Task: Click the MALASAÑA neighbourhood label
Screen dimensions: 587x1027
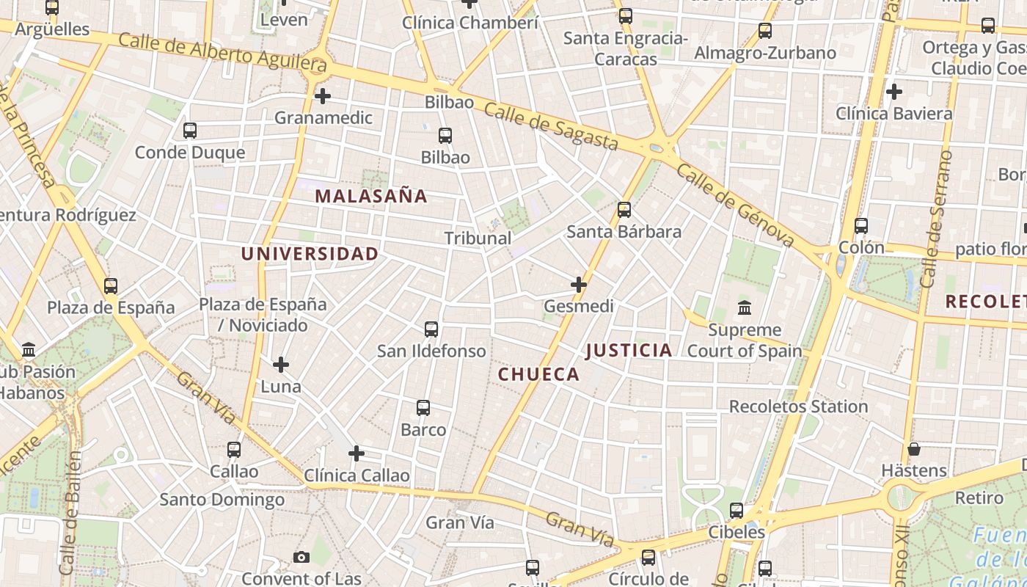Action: pyautogui.click(x=370, y=196)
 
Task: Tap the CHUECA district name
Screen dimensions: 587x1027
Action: pyautogui.click(x=538, y=374)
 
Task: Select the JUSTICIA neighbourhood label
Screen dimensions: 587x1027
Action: pyautogui.click(x=629, y=350)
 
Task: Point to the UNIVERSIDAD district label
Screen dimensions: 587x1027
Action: pyautogui.click(x=310, y=254)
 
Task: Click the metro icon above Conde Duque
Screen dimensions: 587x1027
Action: pyautogui.click(x=190, y=131)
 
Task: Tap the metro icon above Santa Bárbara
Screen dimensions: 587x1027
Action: pyautogui.click(x=624, y=210)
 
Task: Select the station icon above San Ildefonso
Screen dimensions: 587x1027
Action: pyautogui.click(x=431, y=329)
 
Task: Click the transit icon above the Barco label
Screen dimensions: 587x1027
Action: pyautogui.click(x=423, y=408)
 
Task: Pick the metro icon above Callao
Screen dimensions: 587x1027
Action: pyautogui.click(x=234, y=449)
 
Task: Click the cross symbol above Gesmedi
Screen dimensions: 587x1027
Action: pyautogui.click(x=579, y=284)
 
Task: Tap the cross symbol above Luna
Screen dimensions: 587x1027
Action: pyautogui.click(x=280, y=364)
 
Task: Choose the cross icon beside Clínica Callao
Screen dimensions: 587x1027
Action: pyautogui.click(x=357, y=453)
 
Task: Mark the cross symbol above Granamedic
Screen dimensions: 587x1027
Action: pyautogui.click(x=322, y=96)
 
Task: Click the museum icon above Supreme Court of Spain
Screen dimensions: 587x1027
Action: pyautogui.click(x=745, y=307)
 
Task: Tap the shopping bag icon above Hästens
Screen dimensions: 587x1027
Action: pyautogui.click(x=914, y=448)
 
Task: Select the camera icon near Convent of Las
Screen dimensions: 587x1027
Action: pyautogui.click(x=301, y=558)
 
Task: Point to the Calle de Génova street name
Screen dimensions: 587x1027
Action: pyautogui.click(x=735, y=205)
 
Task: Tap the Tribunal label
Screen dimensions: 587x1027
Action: pyautogui.click(x=478, y=238)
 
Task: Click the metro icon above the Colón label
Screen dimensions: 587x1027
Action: pyautogui.click(x=861, y=226)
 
